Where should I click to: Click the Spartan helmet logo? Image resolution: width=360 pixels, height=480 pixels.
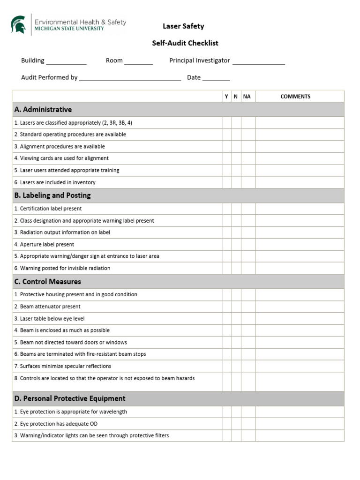(19, 24)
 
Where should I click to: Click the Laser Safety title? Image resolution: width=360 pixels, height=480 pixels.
(183, 26)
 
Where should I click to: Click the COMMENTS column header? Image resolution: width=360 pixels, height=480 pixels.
(295, 97)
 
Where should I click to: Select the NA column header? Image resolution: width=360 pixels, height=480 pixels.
(247, 97)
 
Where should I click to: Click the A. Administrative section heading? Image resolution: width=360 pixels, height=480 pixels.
(43, 110)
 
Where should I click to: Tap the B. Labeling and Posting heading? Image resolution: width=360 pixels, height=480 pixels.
(52, 195)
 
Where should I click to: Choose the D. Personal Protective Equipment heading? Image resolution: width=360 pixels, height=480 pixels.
(70, 398)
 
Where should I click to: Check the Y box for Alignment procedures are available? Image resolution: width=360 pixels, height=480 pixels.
(227, 147)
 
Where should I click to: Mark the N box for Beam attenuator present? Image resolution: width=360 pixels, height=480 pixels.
(236, 307)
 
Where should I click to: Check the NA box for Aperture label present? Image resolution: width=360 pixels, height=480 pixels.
(248, 245)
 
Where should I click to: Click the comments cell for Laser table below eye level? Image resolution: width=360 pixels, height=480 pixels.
(299, 319)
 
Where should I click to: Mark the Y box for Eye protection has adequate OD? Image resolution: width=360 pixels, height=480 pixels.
(227, 424)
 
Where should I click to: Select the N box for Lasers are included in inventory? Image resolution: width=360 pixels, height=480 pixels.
(236, 182)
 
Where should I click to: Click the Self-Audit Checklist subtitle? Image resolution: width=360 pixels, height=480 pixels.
(185, 43)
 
